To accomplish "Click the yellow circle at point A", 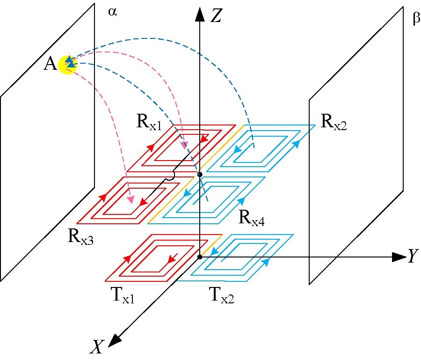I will point(68,65).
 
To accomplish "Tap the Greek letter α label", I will point(112,12).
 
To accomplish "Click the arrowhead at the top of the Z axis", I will point(200,15).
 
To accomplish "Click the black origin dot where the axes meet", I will point(200,257).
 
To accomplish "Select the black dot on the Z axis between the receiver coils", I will point(200,174).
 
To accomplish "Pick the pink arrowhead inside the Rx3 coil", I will point(131,200).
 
